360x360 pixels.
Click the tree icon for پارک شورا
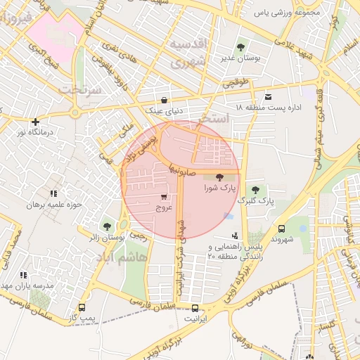point(219,178)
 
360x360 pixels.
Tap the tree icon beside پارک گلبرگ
point(255,190)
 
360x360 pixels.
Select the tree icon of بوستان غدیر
point(241,48)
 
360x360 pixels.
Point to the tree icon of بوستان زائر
point(106,226)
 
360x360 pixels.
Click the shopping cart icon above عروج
point(164,197)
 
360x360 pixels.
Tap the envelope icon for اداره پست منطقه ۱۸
point(267,96)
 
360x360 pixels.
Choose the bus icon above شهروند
point(281,229)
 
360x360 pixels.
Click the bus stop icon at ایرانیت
point(195,308)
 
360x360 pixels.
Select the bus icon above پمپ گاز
point(82,308)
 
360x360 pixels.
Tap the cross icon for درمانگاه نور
point(35,122)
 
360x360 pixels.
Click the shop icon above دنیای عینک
point(165,100)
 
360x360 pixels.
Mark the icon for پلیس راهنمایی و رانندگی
point(234,236)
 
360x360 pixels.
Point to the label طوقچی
point(236,83)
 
